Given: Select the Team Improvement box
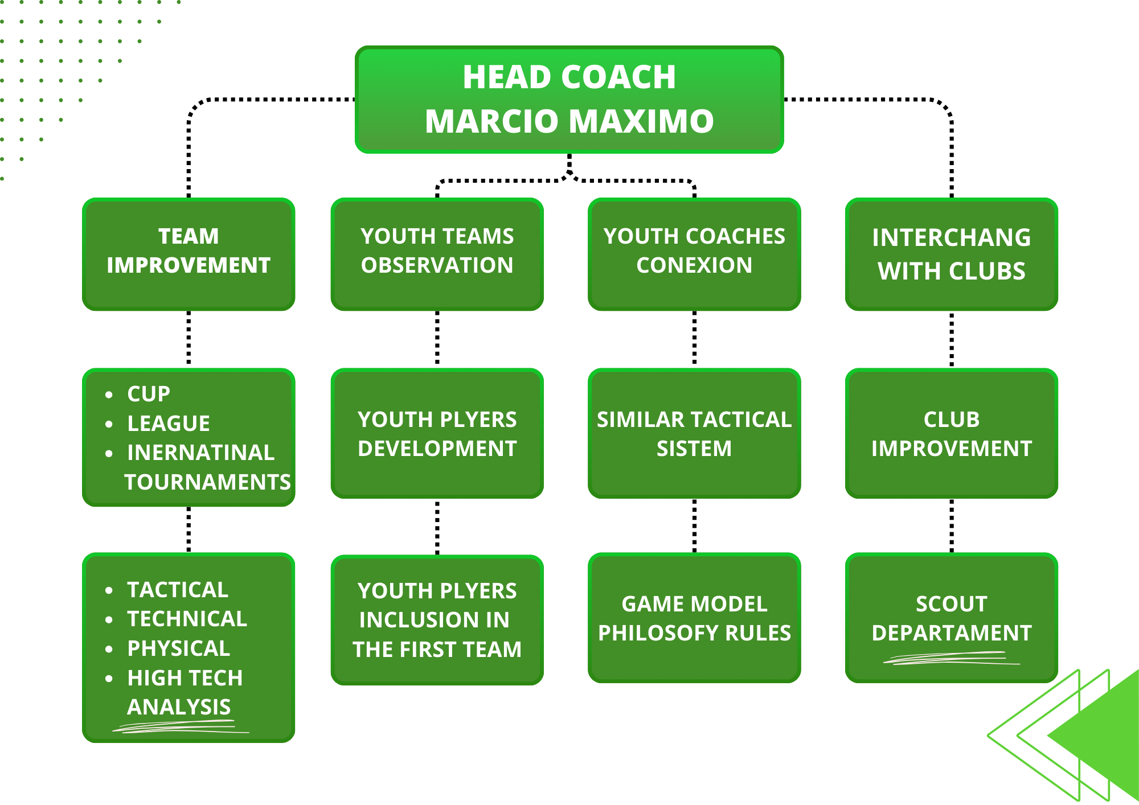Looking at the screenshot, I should tap(189, 253).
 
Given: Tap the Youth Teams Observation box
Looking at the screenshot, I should tap(437, 253).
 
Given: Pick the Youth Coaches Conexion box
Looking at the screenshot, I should tap(694, 253).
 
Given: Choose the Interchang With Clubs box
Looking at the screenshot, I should tap(951, 253).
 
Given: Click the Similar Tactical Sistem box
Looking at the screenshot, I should tap(694, 434).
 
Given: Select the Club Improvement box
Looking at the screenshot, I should tap(951, 434).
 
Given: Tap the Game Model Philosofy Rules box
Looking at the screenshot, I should tap(694, 618).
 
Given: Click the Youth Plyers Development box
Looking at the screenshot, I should tap(437, 434).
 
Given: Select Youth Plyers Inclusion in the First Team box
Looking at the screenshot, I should tap(437, 619).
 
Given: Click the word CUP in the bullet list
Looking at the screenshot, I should tap(149, 394).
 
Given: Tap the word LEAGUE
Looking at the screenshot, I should tap(169, 424).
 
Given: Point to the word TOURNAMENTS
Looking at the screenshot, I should tap(207, 482).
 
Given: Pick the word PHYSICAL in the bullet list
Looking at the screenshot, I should tap(178, 648).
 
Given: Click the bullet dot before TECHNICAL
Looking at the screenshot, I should tap(109, 620).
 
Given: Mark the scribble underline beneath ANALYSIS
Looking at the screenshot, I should tap(180, 726).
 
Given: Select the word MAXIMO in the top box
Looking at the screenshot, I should tap(641, 121).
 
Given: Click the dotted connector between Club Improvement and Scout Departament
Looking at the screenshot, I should tap(952, 525).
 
